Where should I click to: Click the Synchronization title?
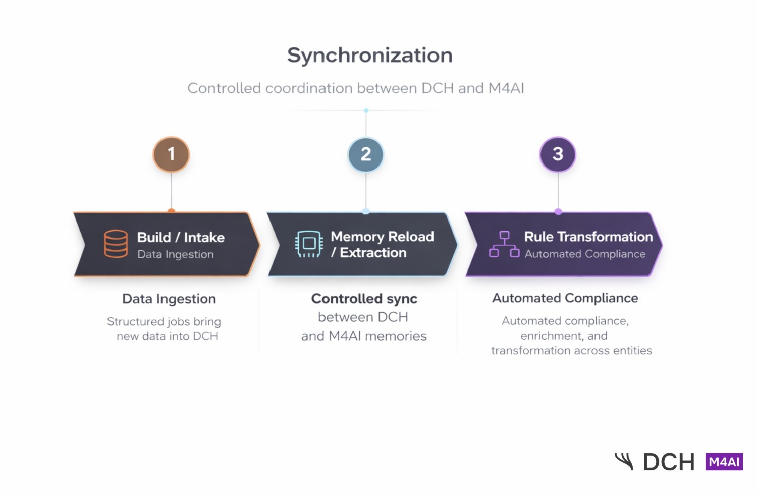click(369, 56)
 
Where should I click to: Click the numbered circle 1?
click(171, 154)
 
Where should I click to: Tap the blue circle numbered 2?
click(366, 154)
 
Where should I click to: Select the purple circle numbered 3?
click(558, 154)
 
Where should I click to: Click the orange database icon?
click(116, 244)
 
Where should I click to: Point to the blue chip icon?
click(309, 244)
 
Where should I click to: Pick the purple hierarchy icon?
click(504, 244)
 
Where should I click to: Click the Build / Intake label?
click(181, 237)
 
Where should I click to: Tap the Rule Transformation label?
click(588, 237)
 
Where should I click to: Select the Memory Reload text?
click(382, 237)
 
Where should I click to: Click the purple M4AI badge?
click(724, 462)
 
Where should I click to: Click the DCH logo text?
click(669, 462)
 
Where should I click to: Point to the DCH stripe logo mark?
click(624, 461)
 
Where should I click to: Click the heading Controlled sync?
click(364, 299)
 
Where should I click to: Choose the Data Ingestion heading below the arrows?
click(169, 299)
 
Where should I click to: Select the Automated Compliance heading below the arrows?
click(565, 298)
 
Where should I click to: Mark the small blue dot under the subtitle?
click(366, 111)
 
